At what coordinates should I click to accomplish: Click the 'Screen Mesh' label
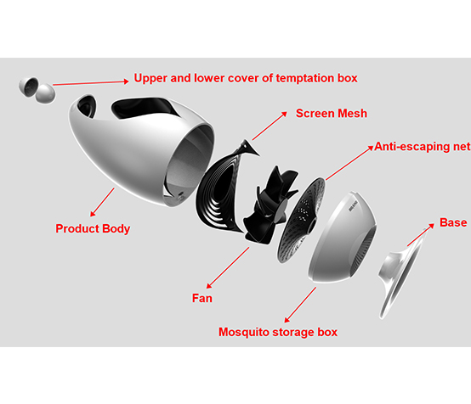click(x=332, y=114)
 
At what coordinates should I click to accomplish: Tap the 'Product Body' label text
click(x=93, y=228)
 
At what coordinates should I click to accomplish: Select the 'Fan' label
click(x=202, y=299)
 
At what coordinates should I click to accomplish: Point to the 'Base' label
click(x=453, y=222)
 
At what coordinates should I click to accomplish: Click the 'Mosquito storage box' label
click(x=278, y=333)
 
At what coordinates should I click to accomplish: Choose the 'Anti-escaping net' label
click(x=423, y=146)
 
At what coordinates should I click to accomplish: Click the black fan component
click(x=270, y=205)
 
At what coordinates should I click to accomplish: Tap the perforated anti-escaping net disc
click(x=301, y=220)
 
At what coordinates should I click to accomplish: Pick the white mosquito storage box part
click(x=342, y=238)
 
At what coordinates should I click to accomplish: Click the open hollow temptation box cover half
click(x=29, y=87)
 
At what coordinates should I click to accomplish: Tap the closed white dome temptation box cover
click(x=45, y=93)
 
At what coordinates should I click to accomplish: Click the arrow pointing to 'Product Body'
click(x=102, y=202)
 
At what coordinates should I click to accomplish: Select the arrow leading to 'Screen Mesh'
click(x=270, y=126)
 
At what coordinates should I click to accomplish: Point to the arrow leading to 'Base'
click(x=421, y=235)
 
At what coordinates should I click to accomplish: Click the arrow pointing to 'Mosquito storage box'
click(x=300, y=305)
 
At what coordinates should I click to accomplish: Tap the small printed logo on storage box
click(x=354, y=206)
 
